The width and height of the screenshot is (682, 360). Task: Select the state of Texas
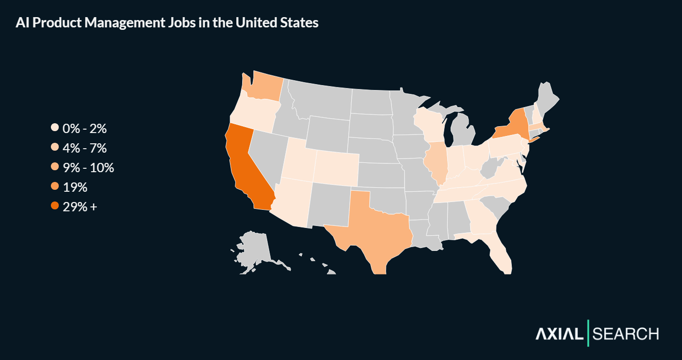pyautogui.click(x=377, y=230)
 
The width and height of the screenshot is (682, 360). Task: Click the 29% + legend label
pyautogui.click(x=80, y=206)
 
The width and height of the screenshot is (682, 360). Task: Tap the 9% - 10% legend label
pyautogui.click(x=88, y=168)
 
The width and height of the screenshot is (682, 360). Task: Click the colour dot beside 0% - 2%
pyautogui.click(x=55, y=129)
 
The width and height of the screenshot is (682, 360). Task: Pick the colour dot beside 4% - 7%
pyautogui.click(x=55, y=148)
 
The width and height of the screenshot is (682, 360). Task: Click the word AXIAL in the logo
pyautogui.click(x=559, y=334)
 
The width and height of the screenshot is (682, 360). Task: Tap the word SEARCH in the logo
pyautogui.click(x=625, y=334)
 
